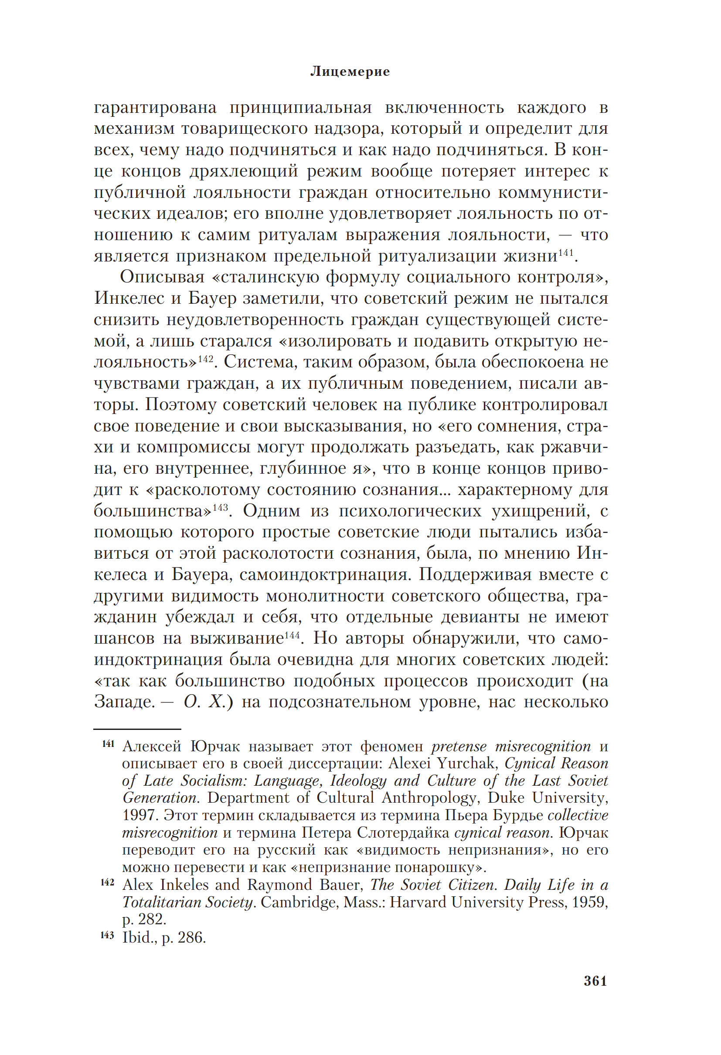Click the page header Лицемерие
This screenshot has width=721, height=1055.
tap(350, 72)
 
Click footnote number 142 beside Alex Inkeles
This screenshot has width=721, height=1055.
tap(108, 882)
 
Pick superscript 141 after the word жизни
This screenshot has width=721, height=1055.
tap(566, 252)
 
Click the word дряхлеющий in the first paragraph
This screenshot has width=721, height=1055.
tap(243, 172)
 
